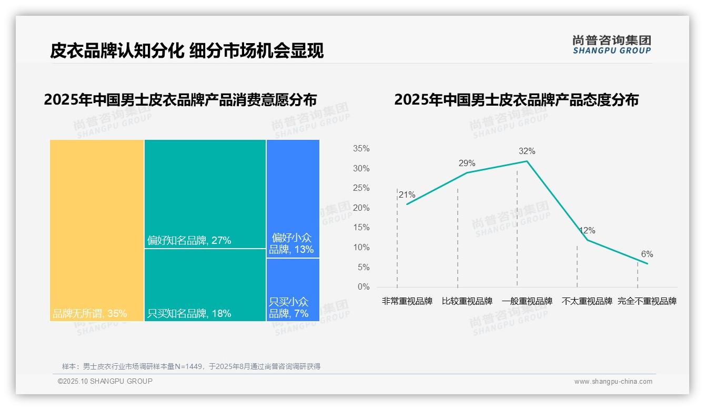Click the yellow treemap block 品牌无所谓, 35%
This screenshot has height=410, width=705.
point(97,230)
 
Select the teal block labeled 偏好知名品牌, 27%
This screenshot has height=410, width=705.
point(205,193)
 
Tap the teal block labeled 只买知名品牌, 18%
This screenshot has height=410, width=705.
point(205,284)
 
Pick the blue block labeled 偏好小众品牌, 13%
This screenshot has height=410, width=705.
point(293,198)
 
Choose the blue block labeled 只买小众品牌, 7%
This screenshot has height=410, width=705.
point(293,289)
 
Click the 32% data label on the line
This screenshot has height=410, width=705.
point(527,151)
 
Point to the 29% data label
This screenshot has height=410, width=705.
point(467,163)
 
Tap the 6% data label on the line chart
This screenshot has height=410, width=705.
point(647,254)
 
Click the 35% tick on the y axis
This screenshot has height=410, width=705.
point(361,149)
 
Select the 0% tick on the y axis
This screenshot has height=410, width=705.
point(364,287)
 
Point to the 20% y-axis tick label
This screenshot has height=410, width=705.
point(361,208)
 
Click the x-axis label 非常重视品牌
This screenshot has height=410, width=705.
point(407,302)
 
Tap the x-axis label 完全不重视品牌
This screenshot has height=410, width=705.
point(647,302)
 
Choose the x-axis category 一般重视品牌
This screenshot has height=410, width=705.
point(527,302)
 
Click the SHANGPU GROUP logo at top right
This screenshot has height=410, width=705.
point(611,45)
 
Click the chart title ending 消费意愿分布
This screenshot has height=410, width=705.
point(180,100)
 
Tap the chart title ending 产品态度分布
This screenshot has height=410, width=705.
point(516,100)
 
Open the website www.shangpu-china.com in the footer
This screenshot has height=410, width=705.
point(613,382)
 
